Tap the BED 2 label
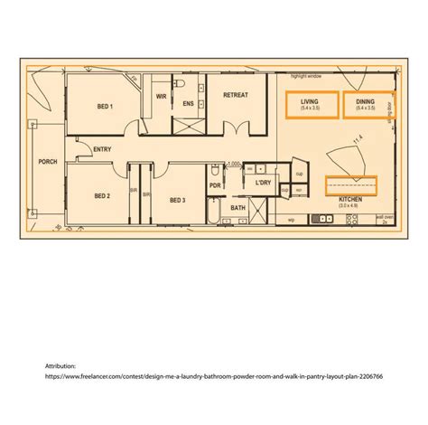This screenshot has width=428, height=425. (x=102, y=195)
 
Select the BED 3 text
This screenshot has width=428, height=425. (x=177, y=200)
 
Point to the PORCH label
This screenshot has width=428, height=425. (x=47, y=162)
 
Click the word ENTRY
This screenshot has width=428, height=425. (x=102, y=149)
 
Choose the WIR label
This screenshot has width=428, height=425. (x=161, y=95)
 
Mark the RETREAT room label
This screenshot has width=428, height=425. (x=237, y=94)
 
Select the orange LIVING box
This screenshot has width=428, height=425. (x=309, y=105)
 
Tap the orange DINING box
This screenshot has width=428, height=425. (x=366, y=105)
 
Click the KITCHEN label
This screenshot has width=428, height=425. (x=350, y=198)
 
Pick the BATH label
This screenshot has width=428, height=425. (x=237, y=208)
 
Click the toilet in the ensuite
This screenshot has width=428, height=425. (x=181, y=84)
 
